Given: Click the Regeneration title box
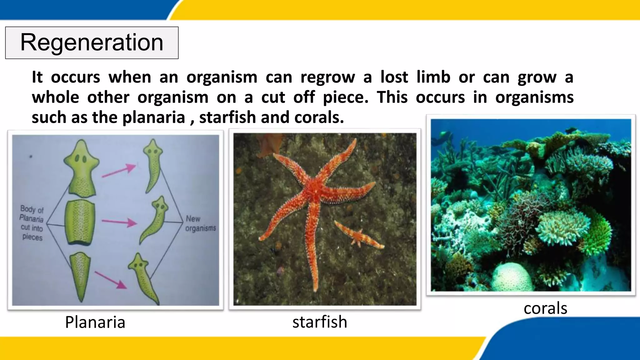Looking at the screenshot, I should pos(92,43).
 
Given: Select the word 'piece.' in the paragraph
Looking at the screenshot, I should pos(345,97).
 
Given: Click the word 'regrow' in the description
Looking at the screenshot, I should pos(327,77).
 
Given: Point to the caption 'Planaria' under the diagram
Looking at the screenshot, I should pos(95,322).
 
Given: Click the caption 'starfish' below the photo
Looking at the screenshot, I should pos(320,322).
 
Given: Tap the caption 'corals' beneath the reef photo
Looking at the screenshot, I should pos(545,308).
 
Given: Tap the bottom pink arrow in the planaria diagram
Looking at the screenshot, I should pos(111,280).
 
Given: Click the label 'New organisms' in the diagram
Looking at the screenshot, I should pos(201,223).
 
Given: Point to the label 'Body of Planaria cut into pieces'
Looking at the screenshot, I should pos(32,223).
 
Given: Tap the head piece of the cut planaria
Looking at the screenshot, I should pos(81,169).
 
